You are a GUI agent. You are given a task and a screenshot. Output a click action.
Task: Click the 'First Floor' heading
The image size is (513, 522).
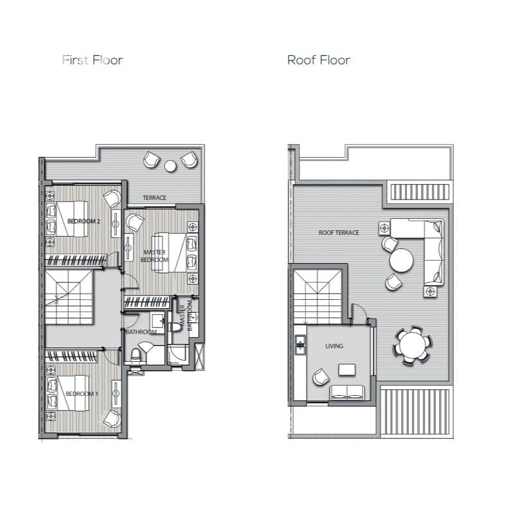tap(93, 61)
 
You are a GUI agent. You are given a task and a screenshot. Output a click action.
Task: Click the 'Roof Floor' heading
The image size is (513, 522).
tap(318, 61)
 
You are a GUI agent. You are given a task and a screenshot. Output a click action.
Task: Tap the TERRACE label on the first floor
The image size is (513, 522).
tap(154, 198)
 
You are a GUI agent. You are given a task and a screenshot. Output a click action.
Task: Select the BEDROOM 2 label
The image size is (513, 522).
tap(84, 221)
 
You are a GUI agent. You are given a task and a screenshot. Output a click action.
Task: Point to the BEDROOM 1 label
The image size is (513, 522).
tap(82, 394)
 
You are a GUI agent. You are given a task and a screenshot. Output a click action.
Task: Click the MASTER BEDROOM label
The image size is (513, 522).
tap(154, 256)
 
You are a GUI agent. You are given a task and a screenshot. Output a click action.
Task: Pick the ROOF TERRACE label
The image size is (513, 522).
tap(339, 233)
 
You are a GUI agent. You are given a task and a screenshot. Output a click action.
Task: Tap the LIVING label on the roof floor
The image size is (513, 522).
tap(334, 346)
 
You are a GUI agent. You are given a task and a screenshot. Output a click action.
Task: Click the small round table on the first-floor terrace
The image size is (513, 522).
tap(170, 166)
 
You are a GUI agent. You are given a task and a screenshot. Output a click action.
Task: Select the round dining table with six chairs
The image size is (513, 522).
tap(413, 345)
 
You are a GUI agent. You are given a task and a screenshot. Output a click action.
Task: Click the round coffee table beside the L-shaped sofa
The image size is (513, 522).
tap(401, 260)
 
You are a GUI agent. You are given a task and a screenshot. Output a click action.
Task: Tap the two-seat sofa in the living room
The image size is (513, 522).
tap(346, 393)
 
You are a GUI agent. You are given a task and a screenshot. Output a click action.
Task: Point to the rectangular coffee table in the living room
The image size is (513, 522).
tap(346, 369)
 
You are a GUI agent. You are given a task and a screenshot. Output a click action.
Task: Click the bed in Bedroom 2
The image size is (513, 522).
tap(72, 219)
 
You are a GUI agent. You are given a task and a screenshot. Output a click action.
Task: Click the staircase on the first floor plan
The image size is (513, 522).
tap(69, 297)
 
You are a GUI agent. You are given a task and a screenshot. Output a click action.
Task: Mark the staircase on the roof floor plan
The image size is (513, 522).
tap(318, 297)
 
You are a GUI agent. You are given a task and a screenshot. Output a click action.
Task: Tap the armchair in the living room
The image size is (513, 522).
tap(321, 377)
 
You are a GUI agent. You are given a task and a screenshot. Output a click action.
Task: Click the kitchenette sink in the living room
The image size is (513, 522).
tap(300, 345)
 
